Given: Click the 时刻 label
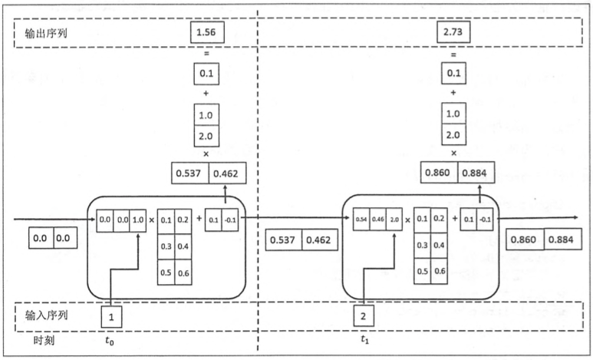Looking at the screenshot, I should (x=43, y=339).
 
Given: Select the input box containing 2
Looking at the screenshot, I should (x=365, y=315).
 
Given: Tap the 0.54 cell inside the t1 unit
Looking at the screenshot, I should (x=361, y=219).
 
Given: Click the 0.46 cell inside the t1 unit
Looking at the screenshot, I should (x=377, y=219).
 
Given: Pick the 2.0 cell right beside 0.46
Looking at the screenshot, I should (x=394, y=219).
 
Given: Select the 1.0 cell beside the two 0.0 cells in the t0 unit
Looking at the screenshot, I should (x=138, y=219).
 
